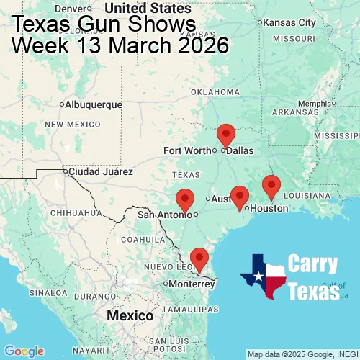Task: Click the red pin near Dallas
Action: coord(226,135)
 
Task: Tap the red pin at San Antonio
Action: coord(185,199)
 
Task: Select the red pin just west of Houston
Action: coord(240,196)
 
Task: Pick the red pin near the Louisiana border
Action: coord(271,186)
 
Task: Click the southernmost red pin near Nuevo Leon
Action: coord(199,258)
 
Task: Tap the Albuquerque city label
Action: coord(94,104)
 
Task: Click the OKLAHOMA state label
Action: coord(215,92)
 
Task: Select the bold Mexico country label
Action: coord(130,316)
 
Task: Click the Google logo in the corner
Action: coord(23,351)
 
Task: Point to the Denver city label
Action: coord(73,8)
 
